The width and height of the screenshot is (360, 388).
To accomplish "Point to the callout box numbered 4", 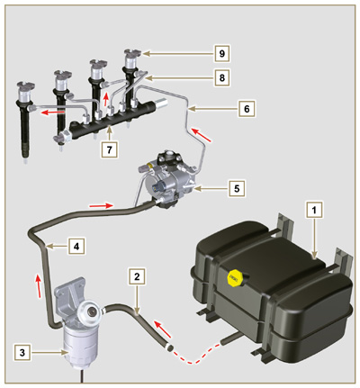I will click(76, 245).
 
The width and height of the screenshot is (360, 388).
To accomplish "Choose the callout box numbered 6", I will click(246, 108).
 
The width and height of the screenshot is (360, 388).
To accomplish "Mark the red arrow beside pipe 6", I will click(207, 137).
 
